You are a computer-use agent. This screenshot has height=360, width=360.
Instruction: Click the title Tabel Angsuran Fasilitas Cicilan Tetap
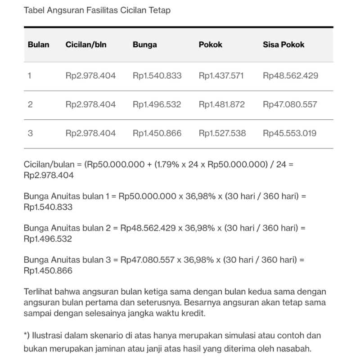coord(97,10)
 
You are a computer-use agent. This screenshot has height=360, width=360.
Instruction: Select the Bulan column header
coord(38,45)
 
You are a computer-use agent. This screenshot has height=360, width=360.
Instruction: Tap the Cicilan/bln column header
coord(86,45)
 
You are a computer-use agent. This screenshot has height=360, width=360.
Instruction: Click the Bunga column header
coord(145,45)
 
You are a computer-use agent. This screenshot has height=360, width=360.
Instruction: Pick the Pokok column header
coord(211,45)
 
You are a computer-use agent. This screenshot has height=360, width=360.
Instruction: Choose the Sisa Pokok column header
coord(283,45)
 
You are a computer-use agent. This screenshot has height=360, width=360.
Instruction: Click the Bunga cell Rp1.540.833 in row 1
coord(157,76)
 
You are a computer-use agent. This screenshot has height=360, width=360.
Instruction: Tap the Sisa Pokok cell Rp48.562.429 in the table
coord(290,76)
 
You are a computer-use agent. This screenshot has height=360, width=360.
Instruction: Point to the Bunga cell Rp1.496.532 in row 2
coord(157,104)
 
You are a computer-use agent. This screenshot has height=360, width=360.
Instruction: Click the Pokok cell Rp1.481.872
coord(222,104)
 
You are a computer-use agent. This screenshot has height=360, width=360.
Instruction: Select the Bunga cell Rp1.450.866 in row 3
coord(157,133)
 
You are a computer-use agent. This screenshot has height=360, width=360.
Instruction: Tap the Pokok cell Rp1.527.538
coord(222,133)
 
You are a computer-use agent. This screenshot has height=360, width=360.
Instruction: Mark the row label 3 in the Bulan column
coord(30,133)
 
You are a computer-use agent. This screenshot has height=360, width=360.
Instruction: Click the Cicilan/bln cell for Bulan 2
coord(90,104)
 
